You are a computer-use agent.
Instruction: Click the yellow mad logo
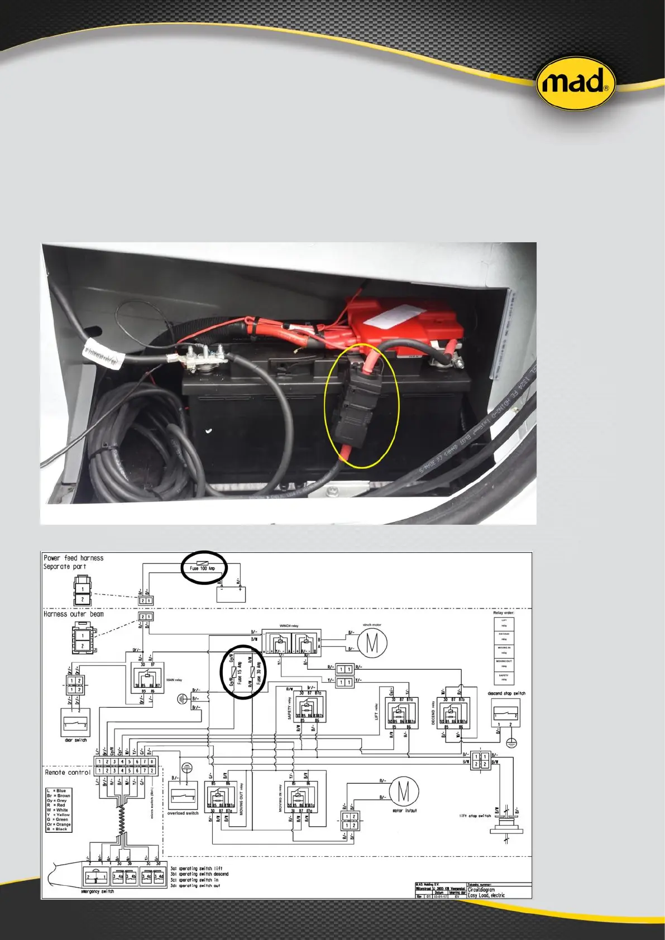coord(576,83)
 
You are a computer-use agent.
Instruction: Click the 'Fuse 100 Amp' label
coord(202,568)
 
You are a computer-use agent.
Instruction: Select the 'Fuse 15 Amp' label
coord(240,673)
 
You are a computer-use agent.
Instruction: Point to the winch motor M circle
coord(372,642)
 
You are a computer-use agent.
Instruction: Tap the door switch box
coord(75,723)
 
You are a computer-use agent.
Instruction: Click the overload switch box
coord(183,795)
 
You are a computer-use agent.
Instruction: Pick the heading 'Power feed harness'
coord(74,558)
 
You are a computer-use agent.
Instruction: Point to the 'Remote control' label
coord(68,773)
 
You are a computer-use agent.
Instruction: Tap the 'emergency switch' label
coord(97,891)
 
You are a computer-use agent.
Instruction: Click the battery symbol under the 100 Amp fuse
coord(231,594)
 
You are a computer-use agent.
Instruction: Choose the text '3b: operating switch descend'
coord(199,874)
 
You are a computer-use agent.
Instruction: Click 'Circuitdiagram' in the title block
coord(481,890)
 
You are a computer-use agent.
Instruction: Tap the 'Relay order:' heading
coord(504,612)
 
